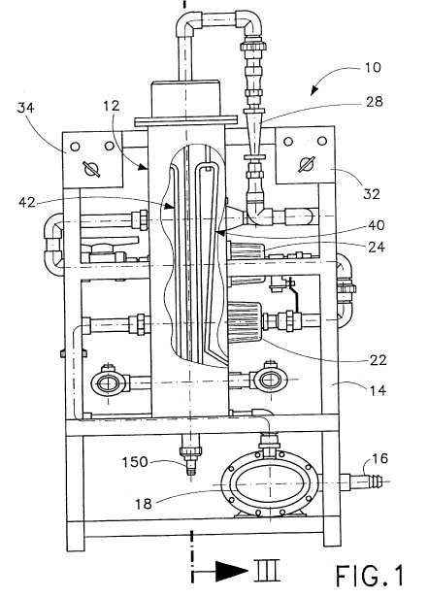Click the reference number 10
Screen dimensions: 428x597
coord(373,67)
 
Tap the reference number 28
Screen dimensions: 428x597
coord(374,102)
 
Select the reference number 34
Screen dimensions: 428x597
coord(26,108)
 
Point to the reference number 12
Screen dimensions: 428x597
coord(112,106)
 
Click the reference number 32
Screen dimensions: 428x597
coord(372,194)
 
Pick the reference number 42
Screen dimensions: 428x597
coord(27,202)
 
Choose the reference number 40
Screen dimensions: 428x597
coord(377,225)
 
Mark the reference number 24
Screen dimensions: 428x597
coord(377,248)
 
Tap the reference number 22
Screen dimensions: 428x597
coord(379,360)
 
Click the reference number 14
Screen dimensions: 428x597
coord(378,390)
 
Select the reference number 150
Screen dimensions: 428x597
coord(134,462)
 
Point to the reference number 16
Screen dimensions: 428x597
coord(379,458)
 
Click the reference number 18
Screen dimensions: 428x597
coord(144,504)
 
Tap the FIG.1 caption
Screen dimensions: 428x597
coord(370,576)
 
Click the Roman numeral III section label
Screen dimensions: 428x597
coord(267,570)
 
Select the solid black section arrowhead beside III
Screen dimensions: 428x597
coord(232,571)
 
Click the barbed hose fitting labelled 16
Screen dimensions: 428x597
coord(361,482)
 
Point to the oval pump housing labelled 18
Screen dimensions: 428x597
coord(269,484)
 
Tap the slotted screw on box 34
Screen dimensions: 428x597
coord(91,169)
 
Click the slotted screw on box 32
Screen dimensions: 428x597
coord(307,164)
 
